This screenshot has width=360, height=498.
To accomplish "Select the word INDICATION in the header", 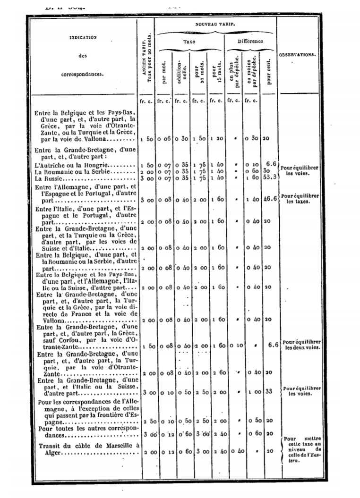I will point(83,37).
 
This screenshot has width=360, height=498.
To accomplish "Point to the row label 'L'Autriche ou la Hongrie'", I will point(71,165).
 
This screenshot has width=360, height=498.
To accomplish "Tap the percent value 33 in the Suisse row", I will point(268,392).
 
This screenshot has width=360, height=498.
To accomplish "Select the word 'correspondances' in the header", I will point(83,74).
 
